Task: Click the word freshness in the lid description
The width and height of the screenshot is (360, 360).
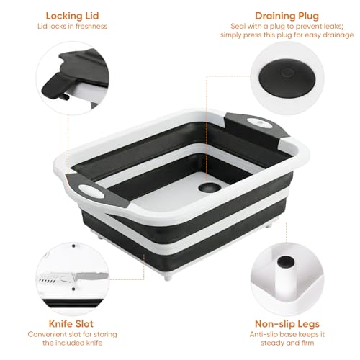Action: tap(91, 27)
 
